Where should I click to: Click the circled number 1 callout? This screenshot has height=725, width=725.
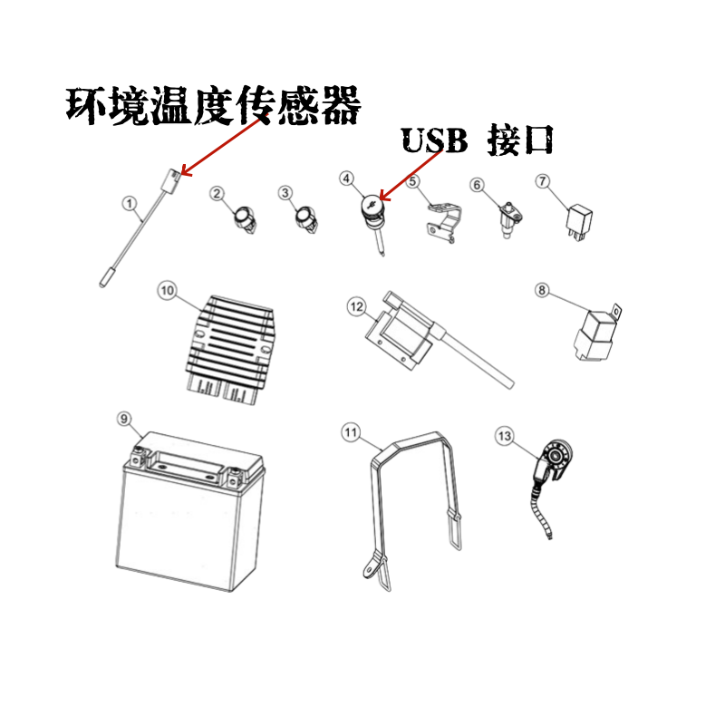130,203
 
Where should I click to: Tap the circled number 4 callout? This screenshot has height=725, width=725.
346,179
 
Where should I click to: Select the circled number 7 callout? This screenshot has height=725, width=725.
543,181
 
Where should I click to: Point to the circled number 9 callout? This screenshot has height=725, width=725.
125,419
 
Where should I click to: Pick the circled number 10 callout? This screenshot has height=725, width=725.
166,291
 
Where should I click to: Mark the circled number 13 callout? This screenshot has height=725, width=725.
505,437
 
